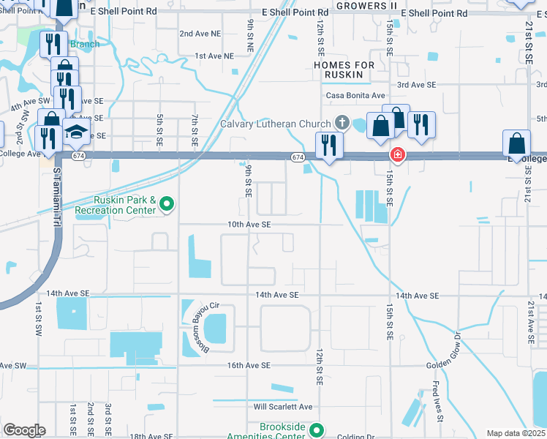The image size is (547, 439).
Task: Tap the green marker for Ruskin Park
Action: pos(167,204)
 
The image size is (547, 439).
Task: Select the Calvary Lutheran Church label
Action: pos(276,124)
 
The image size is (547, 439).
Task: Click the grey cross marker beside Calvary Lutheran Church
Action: pos(341,121)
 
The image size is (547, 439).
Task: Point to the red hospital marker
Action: pos(397,155)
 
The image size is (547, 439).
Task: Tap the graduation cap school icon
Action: pos(75,132)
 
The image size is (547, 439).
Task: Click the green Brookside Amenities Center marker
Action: pos(316,429)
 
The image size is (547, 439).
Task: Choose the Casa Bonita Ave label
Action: pos(355,96)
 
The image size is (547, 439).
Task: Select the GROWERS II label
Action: pos(366,5)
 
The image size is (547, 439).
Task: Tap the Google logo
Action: pos(24,430)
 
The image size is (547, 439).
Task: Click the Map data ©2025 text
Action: pos(516,433)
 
